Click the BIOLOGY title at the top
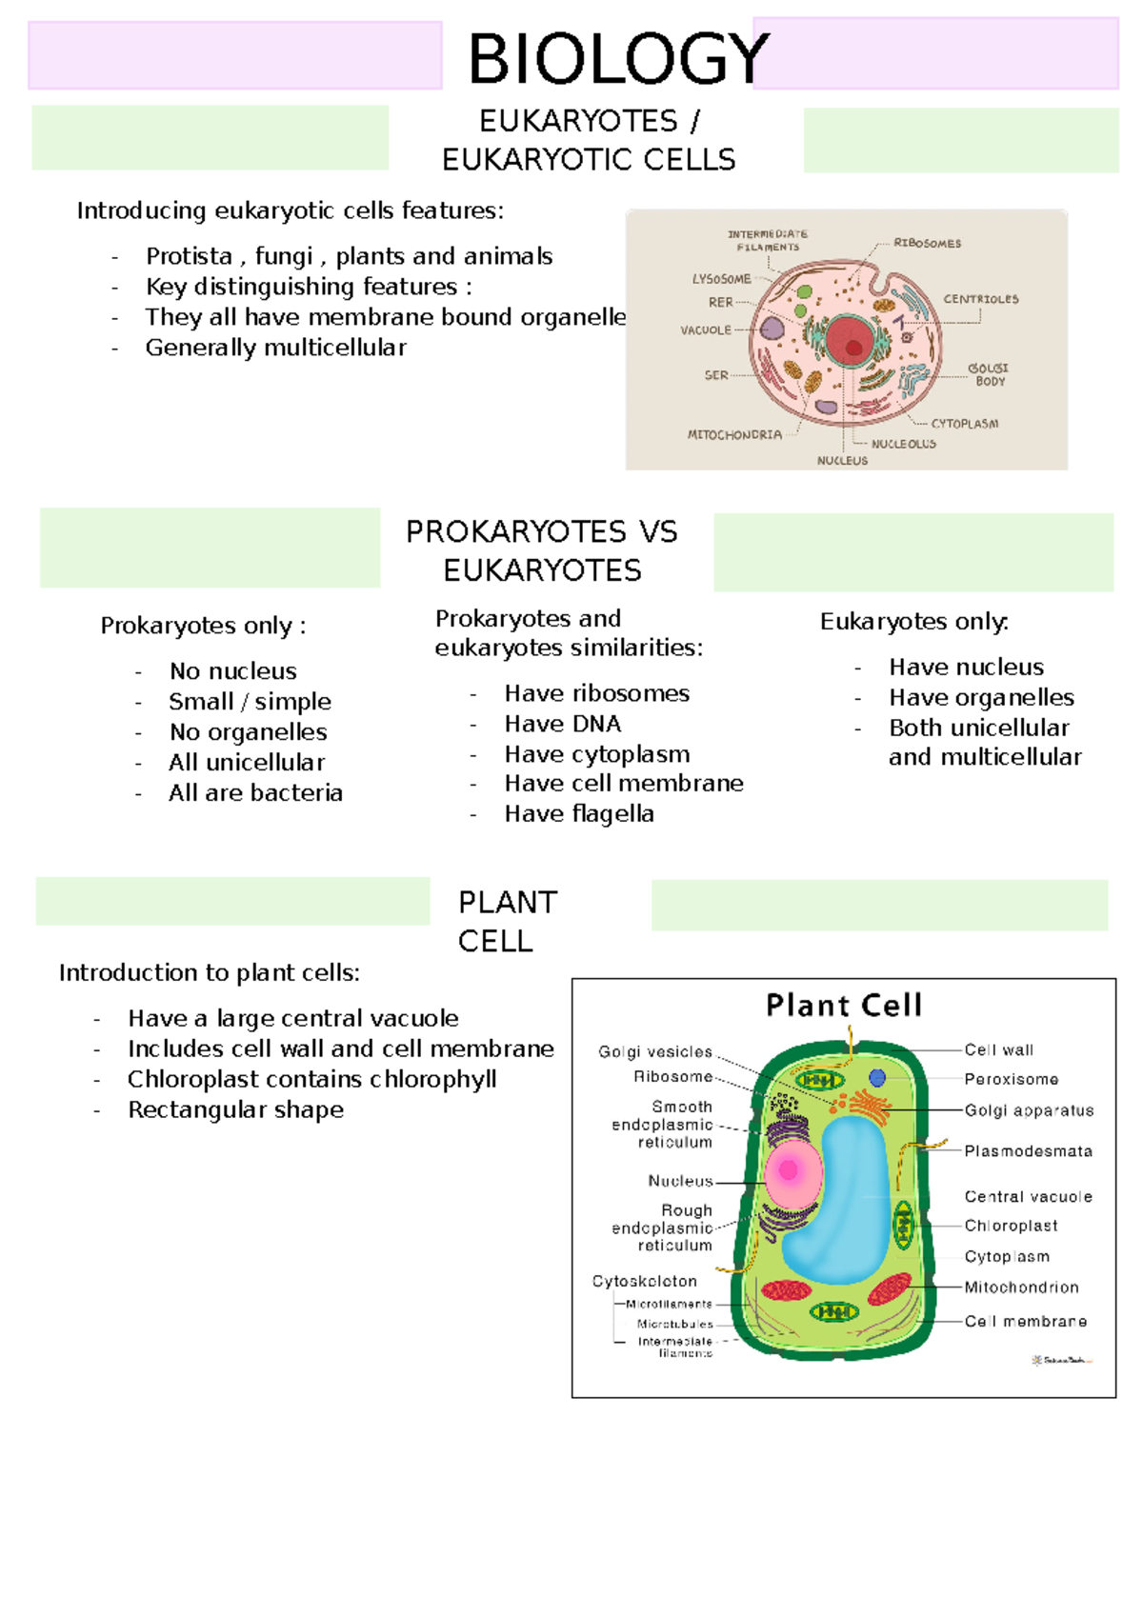(618, 59)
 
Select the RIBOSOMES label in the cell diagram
(927, 243)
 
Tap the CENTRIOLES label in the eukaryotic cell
(980, 299)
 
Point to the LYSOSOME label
(721, 279)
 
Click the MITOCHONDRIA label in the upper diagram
(734, 434)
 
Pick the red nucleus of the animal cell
(848, 340)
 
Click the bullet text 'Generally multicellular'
(275, 348)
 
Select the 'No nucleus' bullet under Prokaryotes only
(232, 671)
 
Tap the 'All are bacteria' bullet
(255, 793)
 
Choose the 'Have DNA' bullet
(562, 724)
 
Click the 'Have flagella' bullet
(579, 814)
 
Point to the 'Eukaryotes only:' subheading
(913, 622)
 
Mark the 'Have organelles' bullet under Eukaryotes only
(981, 698)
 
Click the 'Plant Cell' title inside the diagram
(844, 1006)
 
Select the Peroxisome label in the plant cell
(1011, 1079)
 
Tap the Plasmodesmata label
(1028, 1151)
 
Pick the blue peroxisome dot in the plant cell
(877, 1078)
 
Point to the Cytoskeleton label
(645, 1282)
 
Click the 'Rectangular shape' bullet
(235, 1110)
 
